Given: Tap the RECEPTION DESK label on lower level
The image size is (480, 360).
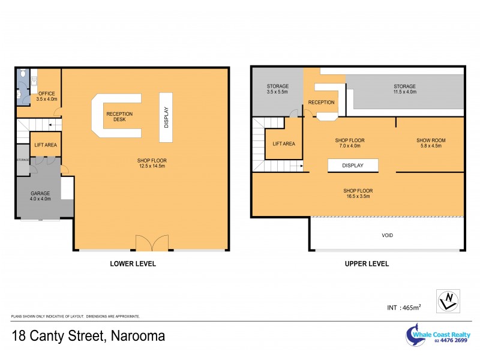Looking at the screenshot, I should [119, 117].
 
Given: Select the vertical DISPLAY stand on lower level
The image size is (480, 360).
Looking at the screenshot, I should [166, 117].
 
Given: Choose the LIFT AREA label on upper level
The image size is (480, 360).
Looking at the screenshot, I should [284, 143].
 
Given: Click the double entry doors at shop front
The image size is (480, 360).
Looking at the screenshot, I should [148, 242].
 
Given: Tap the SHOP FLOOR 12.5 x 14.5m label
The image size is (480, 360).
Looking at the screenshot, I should [151, 163].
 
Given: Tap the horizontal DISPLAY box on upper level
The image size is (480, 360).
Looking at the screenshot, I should [353, 165].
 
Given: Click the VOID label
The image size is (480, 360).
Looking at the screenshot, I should [388, 235].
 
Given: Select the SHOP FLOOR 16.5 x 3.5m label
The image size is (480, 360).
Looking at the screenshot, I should [358, 192].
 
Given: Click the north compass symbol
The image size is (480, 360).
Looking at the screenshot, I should [449, 301].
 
